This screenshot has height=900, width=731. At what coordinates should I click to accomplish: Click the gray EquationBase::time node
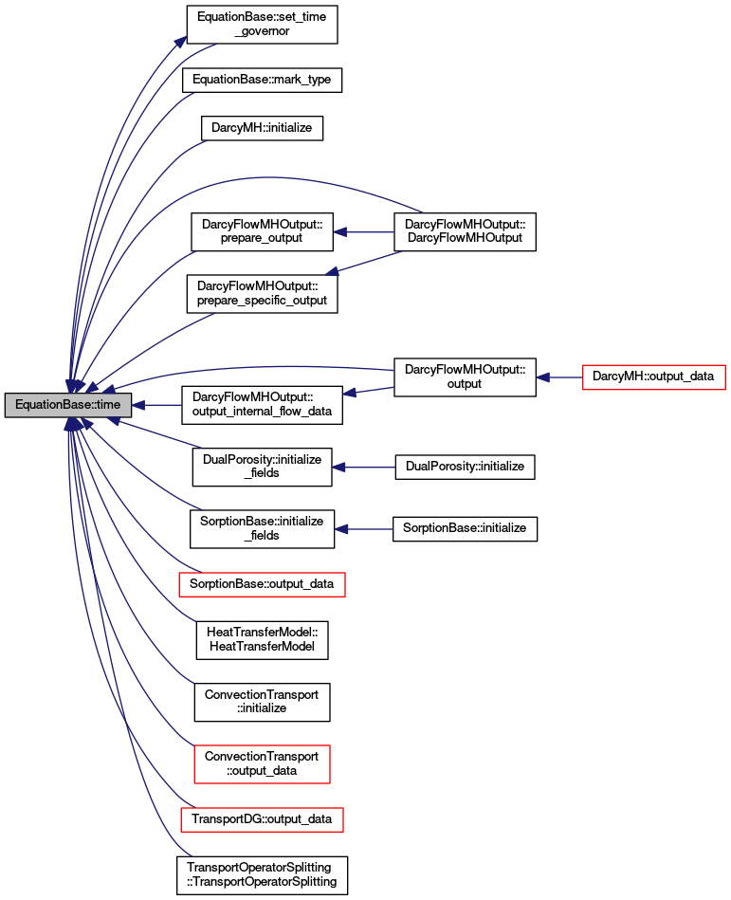[68, 405]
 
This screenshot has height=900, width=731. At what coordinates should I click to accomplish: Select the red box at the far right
[653, 377]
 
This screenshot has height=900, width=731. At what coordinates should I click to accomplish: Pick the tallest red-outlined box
[262, 764]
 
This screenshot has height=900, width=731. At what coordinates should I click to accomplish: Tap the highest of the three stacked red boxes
[262, 584]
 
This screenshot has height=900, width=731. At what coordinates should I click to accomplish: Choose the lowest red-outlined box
[262, 819]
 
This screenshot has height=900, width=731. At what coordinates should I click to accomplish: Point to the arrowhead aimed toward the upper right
[180, 41]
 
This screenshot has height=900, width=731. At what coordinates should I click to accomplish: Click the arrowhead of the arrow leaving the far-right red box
[542, 377]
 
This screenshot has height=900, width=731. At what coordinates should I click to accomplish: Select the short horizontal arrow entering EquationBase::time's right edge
[156, 405]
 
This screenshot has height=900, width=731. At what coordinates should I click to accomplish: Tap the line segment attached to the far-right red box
[564, 377]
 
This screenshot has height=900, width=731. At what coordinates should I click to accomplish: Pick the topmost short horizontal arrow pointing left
[363, 232]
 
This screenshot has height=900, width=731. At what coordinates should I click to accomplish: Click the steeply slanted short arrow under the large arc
[363, 263]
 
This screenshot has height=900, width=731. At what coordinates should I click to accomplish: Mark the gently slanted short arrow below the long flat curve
[368, 390]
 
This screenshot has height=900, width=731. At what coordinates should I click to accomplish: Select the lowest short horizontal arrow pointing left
[363, 529]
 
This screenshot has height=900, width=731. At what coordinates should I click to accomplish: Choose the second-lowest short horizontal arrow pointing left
[363, 468]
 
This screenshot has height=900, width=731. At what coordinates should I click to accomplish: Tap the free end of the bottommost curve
[192, 856]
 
